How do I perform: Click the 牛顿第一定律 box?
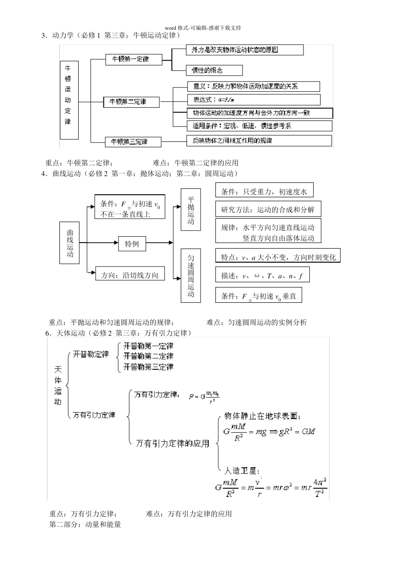(133, 59)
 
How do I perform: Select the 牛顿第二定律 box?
(131, 102)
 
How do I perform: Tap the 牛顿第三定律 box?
(133, 141)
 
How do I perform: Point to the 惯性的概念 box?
(214, 70)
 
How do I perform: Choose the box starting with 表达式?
(253, 100)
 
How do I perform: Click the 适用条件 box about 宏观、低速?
(259, 126)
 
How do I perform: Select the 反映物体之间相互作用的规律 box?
(259, 141)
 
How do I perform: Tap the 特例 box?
(132, 244)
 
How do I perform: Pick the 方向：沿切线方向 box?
(129, 275)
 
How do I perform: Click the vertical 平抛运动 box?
(191, 210)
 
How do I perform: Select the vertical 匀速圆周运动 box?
(191, 275)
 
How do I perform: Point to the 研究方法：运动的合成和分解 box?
(268, 209)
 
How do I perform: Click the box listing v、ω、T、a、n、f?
(262, 275)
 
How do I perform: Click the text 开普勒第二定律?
(148, 356)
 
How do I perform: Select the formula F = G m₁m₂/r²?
(204, 397)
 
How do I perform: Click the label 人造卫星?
(242, 471)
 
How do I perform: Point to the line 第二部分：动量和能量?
(85, 524)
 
